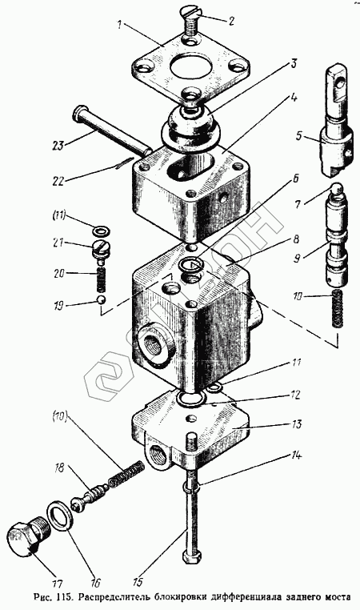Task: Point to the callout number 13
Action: click(297, 423)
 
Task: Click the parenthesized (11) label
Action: click(60, 215)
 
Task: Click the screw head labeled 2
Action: click(192, 14)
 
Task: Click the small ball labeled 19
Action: click(101, 300)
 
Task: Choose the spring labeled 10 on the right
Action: click(338, 308)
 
